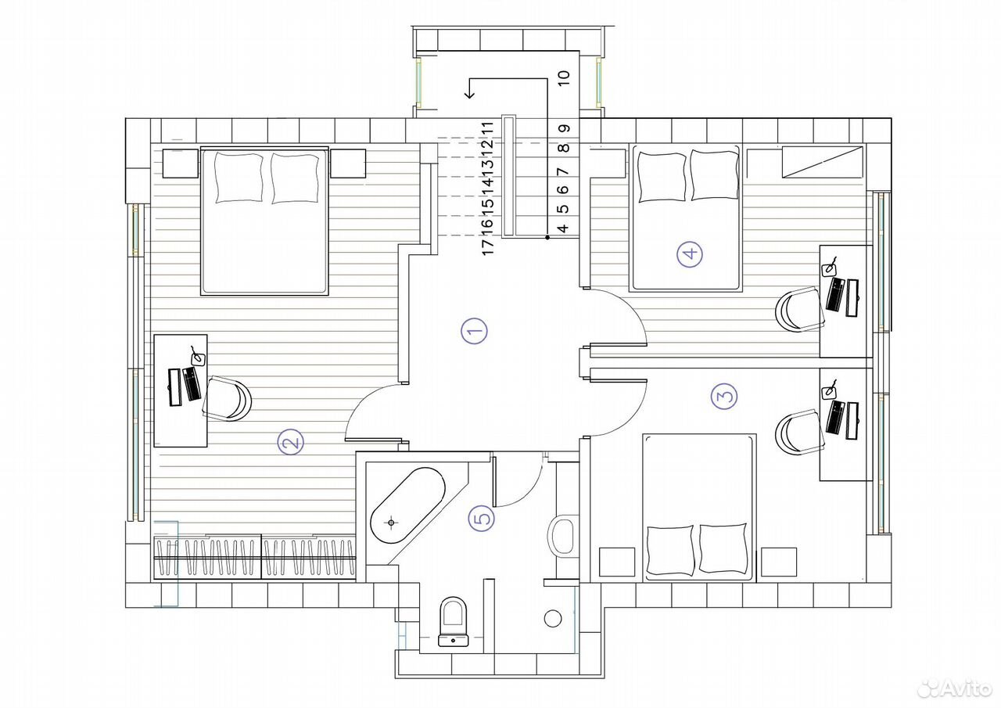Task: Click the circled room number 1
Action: pyautogui.click(x=474, y=331)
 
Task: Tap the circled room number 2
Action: pyautogui.click(x=290, y=442)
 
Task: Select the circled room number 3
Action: pyautogui.click(x=724, y=396)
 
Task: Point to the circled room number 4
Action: pyautogui.click(x=690, y=254)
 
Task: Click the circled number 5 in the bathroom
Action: pyautogui.click(x=481, y=519)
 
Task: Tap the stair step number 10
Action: pyautogui.click(x=565, y=77)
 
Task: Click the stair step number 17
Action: pyautogui.click(x=487, y=246)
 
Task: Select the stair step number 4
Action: pyautogui.click(x=564, y=228)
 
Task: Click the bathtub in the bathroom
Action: pyautogui.click(x=407, y=505)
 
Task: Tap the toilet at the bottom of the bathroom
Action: pyautogui.click(x=453, y=622)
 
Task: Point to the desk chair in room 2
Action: pyautogui.click(x=227, y=397)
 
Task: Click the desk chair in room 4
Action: pyautogui.click(x=800, y=309)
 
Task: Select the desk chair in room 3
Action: pyautogui.click(x=800, y=432)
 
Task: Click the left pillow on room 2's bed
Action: pyautogui.click(x=239, y=178)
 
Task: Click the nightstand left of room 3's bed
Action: pyautogui.click(x=617, y=562)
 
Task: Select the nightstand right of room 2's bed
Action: pyautogui.click(x=348, y=164)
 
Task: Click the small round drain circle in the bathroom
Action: pyautogui.click(x=553, y=619)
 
